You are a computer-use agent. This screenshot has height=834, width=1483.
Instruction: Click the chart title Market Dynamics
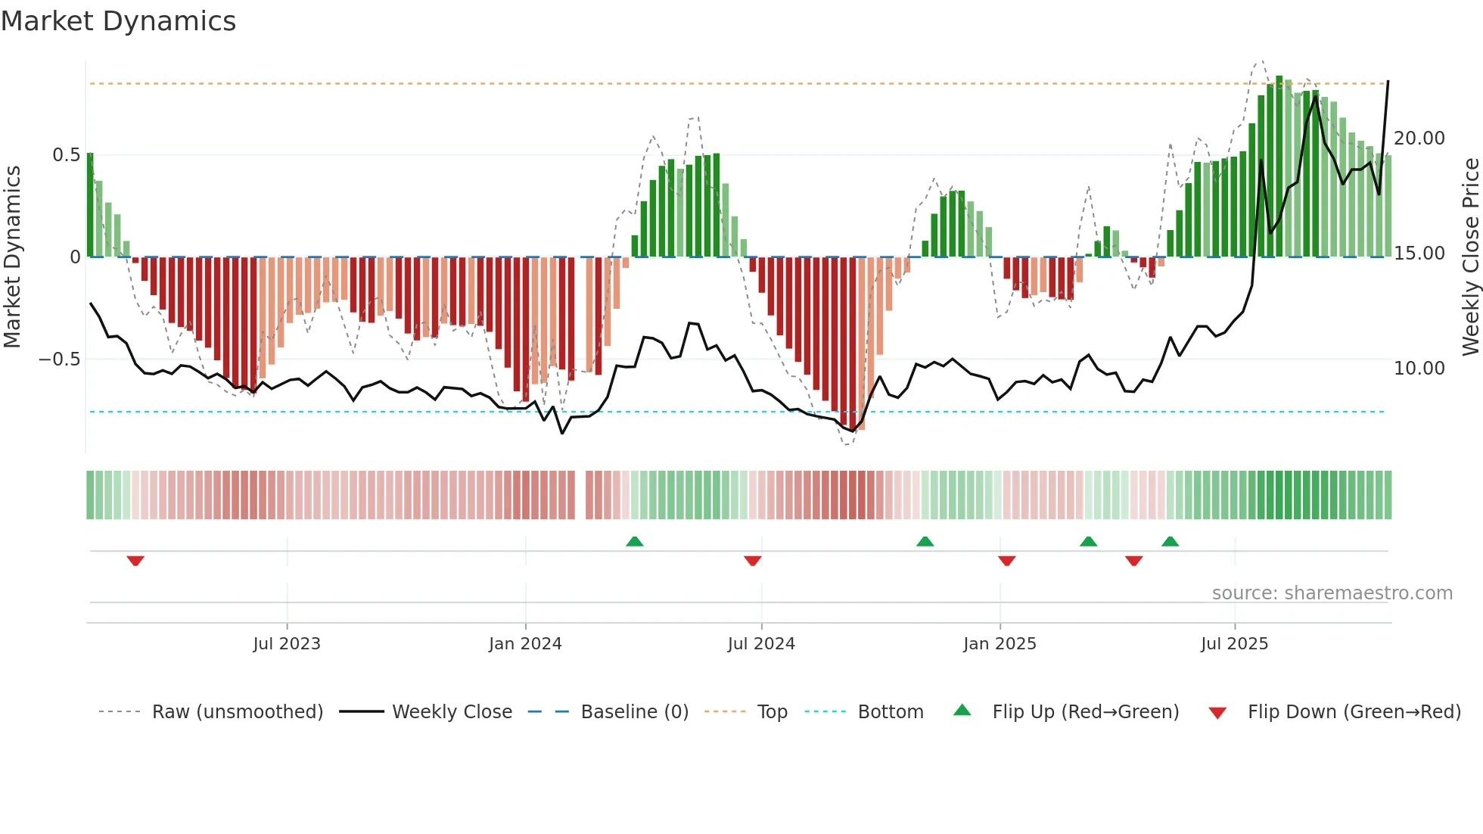(x=119, y=21)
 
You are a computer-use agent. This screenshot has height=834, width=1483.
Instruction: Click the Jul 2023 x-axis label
(x=287, y=644)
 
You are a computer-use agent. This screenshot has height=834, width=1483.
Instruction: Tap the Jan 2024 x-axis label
(x=525, y=644)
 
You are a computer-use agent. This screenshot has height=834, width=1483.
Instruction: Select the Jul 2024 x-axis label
(x=761, y=644)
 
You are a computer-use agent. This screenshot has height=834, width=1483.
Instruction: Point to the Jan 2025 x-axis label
(x=1000, y=644)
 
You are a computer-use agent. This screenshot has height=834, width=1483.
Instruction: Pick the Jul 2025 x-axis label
(x=1234, y=644)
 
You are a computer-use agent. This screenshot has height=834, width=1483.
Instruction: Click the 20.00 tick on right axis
(x=1419, y=138)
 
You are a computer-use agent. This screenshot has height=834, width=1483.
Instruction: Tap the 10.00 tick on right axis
(x=1419, y=369)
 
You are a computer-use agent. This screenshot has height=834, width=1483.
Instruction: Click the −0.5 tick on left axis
(x=60, y=359)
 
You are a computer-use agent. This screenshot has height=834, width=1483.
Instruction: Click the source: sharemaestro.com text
(x=1332, y=593)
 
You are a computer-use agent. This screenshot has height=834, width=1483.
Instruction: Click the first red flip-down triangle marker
(x=135, y=561)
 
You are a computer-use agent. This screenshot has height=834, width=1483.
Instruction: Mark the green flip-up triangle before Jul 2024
(x=635, y=541)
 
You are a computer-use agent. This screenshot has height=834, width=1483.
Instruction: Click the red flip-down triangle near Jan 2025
(x=1006, y=561)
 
